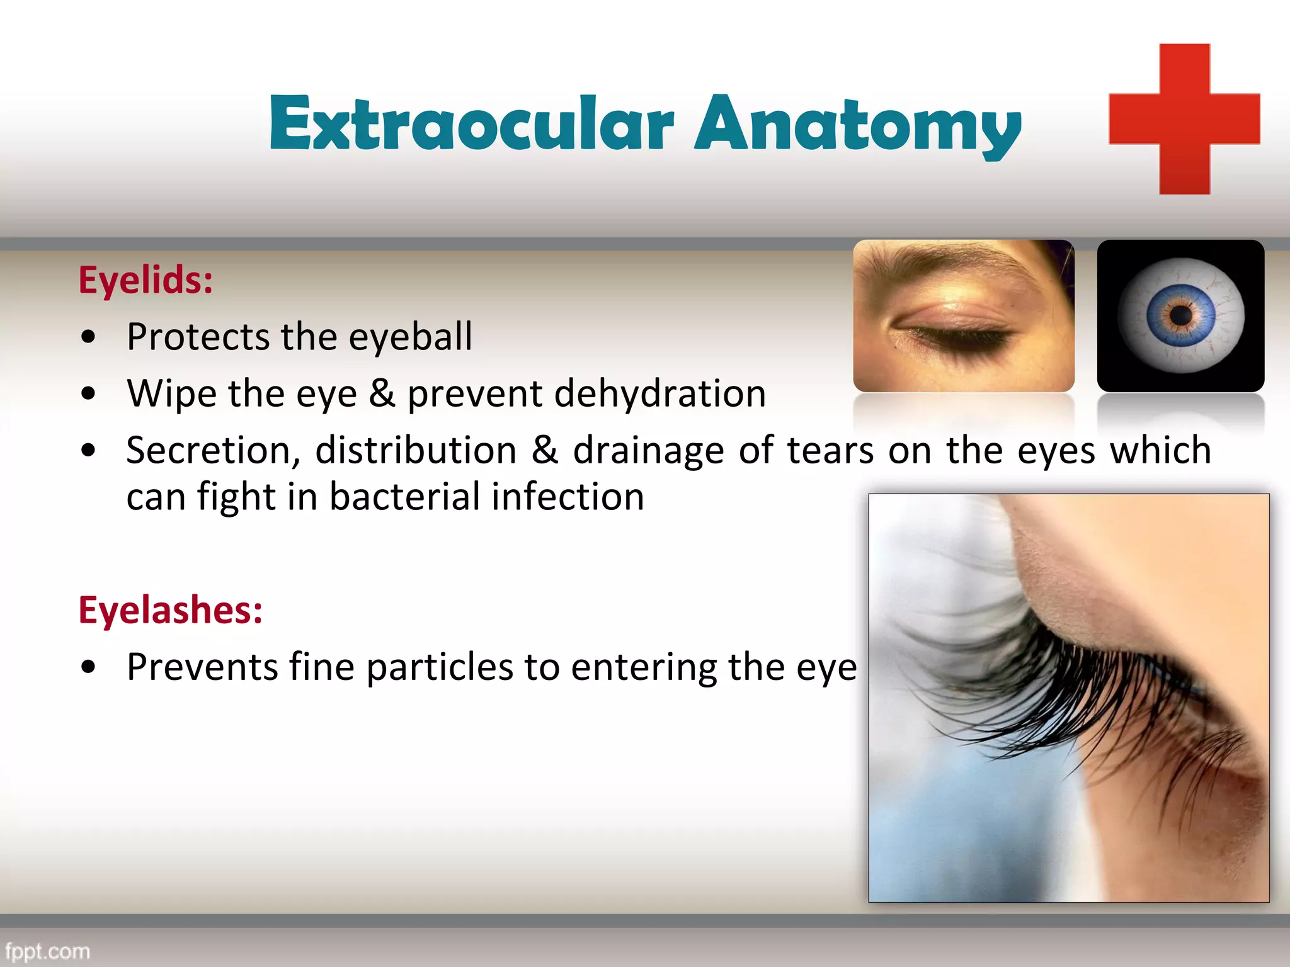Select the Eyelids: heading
146,280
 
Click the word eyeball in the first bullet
410,336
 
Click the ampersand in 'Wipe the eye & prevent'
382,393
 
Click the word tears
830,451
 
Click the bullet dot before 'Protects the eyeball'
89,337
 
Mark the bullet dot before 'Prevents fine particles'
89,668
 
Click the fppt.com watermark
48,951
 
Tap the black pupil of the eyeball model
1181,314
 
